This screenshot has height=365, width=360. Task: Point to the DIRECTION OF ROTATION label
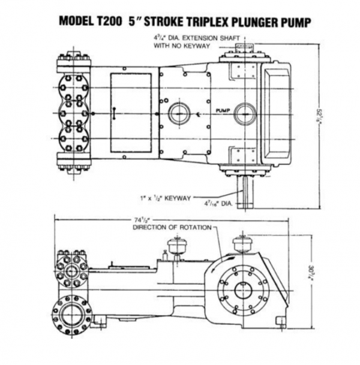click(x=173, y=228)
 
